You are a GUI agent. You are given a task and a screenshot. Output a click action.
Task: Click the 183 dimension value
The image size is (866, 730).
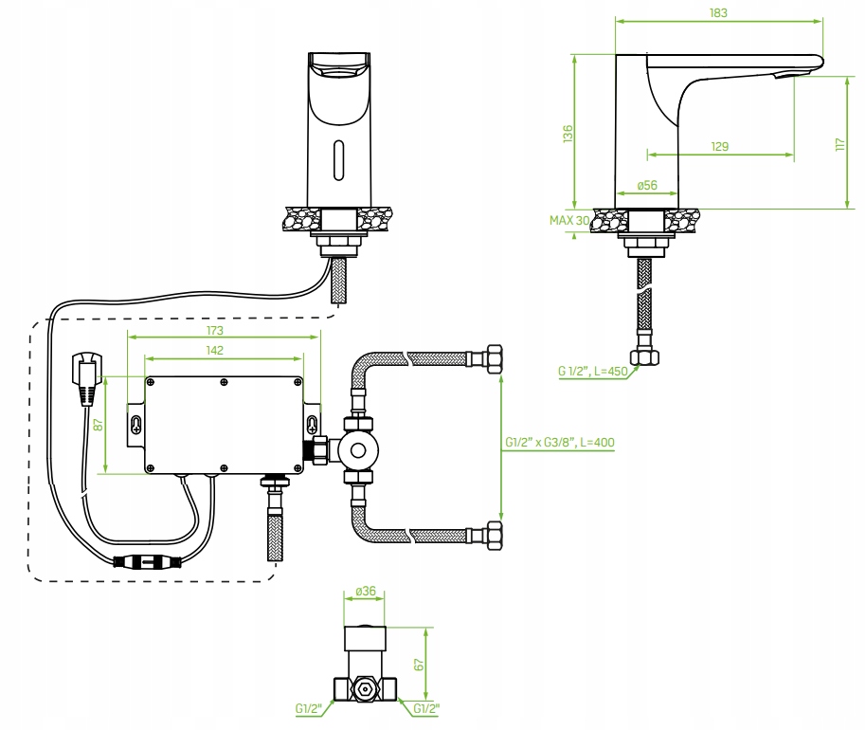[x=718, y=11]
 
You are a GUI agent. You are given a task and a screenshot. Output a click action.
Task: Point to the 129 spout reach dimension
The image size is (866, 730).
[x=720, y=146]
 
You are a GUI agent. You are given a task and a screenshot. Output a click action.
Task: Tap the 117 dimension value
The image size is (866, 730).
[x=839, y=144]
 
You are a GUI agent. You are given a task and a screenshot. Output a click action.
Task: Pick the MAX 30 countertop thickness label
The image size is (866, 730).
[x=569, y=221]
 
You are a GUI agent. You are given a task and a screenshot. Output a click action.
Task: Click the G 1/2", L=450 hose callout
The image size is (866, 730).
[x=593, y=372]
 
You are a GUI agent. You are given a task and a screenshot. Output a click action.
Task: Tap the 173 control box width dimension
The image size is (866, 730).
[x=215, y=330]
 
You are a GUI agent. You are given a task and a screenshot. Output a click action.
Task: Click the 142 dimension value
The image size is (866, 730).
[x=214, y=350]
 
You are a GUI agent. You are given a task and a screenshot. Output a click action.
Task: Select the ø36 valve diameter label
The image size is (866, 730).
[x=365, y=592]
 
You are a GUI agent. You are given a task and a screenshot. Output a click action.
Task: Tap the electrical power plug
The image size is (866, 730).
[x=86, y=374]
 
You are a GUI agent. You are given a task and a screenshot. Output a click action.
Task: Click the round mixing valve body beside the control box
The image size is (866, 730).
[x=356, y=450]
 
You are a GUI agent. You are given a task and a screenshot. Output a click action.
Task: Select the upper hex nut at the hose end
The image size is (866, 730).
[x=492, y=360]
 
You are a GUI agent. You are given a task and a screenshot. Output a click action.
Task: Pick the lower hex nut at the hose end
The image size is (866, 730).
[x=493, y=538]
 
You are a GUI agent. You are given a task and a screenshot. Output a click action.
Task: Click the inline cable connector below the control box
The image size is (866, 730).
[x=150, y=560]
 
